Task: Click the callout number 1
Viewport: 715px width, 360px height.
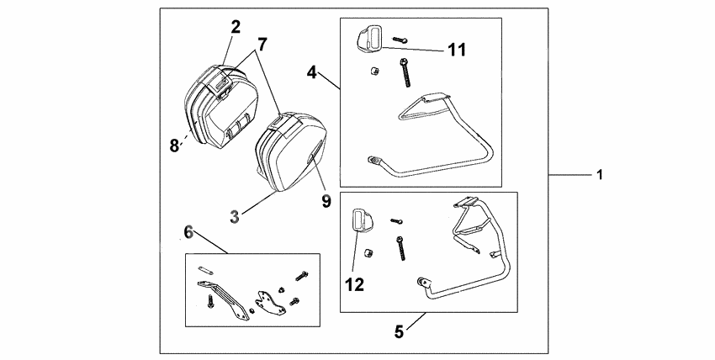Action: (x=600, y=175)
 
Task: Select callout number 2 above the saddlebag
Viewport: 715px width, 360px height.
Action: (x=236, y=26)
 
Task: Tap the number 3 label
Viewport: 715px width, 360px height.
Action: (x=236, y=215)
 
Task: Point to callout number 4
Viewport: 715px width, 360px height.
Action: (x=311, y=72)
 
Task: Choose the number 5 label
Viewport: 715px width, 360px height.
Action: (x=400, y=331)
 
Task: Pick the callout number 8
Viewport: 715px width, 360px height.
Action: (x=174, y=144)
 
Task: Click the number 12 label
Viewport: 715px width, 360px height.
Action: (x=353, y=285)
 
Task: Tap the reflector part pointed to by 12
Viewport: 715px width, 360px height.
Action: (x=360, y=219)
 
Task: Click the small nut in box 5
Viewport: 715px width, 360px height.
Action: (x=367, y=252)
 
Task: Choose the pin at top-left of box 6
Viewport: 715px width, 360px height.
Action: (x=204, y=271)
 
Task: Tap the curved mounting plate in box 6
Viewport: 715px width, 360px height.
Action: (x=269, y=299)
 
